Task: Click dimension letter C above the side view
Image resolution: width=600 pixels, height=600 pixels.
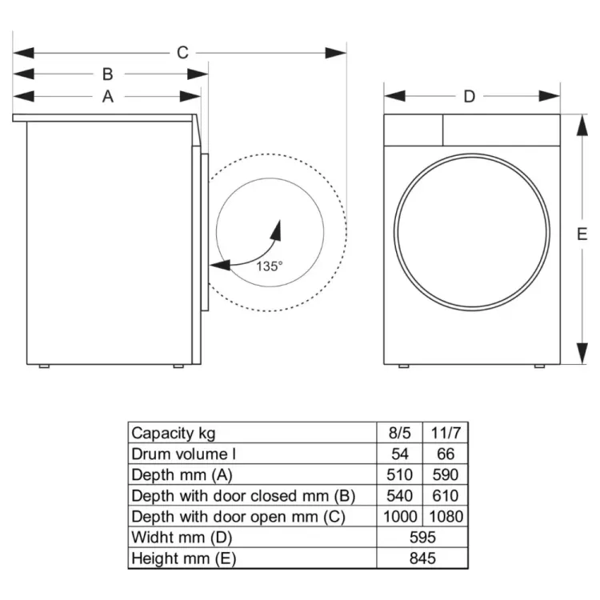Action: (x=182, y=53)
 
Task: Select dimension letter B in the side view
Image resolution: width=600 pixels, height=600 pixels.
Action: (x=107, y=74)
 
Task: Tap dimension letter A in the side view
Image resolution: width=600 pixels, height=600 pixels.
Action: (x=107, y=97)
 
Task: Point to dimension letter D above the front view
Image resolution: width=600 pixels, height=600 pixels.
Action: (x=469, y=97)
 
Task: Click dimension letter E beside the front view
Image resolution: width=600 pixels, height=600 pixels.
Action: (x=582, y=234)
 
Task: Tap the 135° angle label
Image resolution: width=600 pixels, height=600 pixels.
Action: (x=270, y=266)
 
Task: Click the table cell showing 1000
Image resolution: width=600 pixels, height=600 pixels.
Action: (x=400, y=517)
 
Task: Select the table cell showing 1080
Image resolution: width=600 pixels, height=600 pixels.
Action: (x=446, y=517)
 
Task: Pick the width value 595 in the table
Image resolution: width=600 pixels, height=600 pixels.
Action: (x=422, y=538)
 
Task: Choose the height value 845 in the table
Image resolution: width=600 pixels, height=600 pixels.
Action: (x=422, y=558)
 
